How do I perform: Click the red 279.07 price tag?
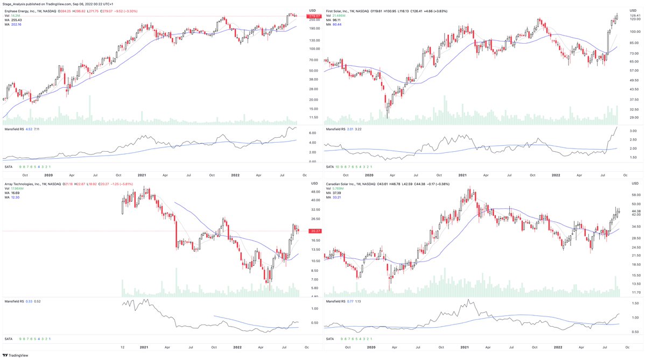313,16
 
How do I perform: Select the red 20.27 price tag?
313,231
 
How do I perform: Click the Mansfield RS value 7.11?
37,129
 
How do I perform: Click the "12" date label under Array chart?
123,347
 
